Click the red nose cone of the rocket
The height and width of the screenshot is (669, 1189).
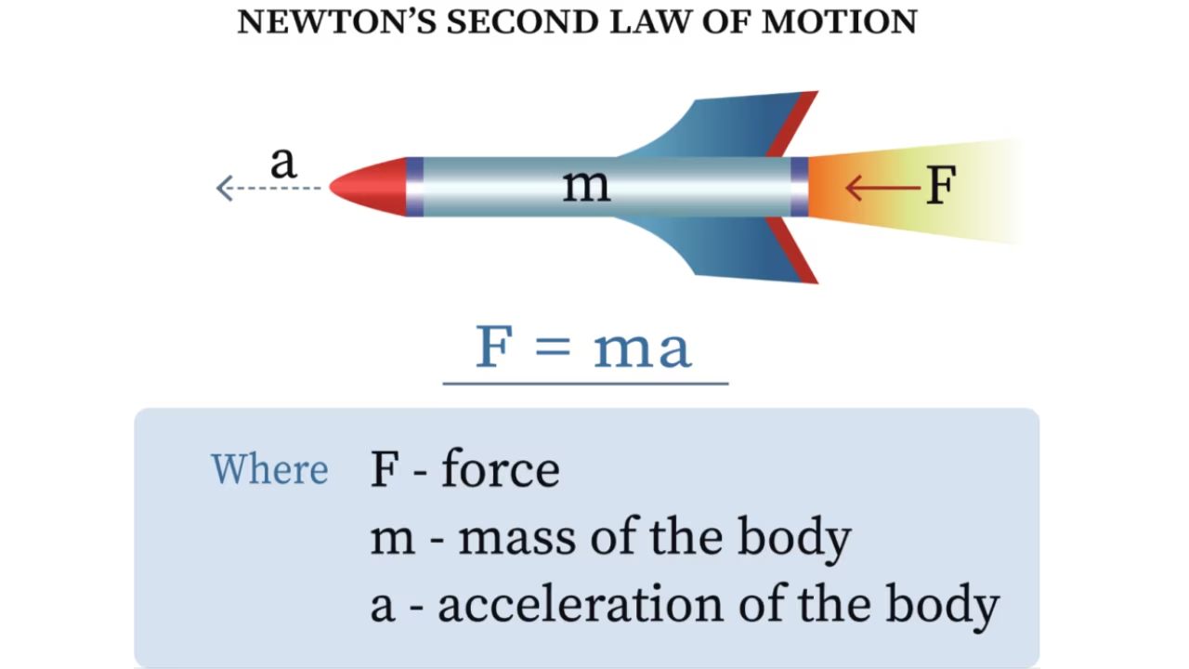click(370, 187)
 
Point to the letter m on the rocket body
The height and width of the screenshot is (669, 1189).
click(586, 186)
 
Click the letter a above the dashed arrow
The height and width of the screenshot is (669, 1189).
click(283, 164)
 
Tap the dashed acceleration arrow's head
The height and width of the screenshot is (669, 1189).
click(224, 189)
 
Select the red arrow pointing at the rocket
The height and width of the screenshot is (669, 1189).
click(882, 188)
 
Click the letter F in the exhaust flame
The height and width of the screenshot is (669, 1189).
click(941, 186)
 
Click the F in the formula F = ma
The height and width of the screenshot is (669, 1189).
click(495, 347)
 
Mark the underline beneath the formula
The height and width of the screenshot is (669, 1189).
click(585, 382)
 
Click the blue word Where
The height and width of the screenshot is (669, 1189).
click(269, 469)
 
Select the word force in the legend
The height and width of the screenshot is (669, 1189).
click(500, 469)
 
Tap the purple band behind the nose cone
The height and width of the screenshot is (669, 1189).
click(415, 187)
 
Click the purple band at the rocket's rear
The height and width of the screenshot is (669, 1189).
click(799, 187)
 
